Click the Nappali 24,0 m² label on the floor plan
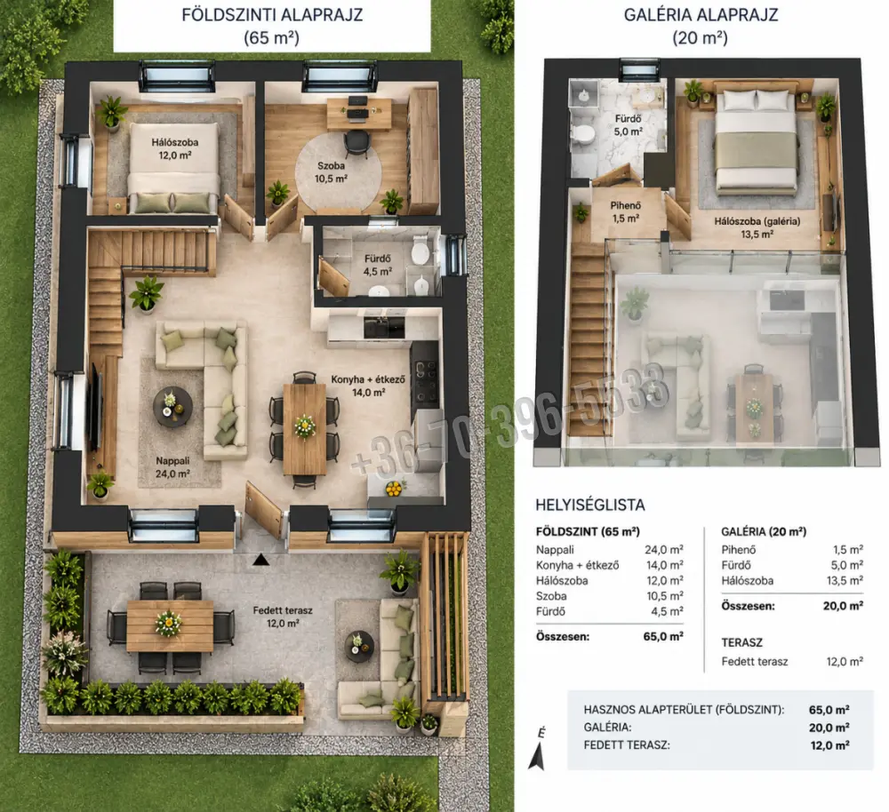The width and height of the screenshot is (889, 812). coord(173,467)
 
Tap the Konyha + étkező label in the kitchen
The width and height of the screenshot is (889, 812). coord(368,379)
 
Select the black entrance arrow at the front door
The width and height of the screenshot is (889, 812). coord(260,560)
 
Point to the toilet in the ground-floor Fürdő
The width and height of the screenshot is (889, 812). coord(420,254)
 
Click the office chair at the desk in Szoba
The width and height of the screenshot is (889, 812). coord(356,140)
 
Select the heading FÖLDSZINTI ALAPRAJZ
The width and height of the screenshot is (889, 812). coord(272,15)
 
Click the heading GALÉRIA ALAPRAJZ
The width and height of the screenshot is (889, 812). coord(701,15)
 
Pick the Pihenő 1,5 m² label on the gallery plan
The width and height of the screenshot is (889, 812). coord(625,211)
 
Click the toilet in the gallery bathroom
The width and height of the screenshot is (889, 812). coord(583,134)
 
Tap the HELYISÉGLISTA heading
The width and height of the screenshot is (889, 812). coord(590,505)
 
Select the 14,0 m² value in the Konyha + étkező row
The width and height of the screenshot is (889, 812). coord(664,565)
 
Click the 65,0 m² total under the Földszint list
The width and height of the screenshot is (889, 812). coord(663,636)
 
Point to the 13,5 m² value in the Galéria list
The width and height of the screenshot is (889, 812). coord(845,580)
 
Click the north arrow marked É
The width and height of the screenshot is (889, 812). coord(538,749)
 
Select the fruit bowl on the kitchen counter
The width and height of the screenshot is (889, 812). coord(394,488)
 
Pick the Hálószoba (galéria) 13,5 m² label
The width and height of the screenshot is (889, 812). coord(757,227)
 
